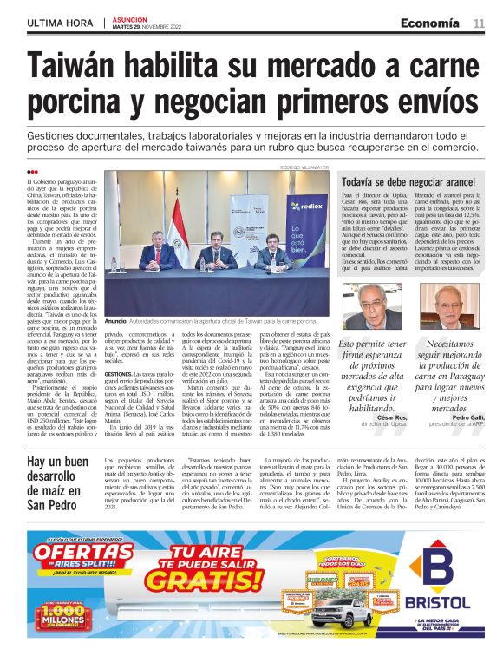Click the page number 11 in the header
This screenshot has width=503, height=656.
pyautogui.click(x=479, y=23)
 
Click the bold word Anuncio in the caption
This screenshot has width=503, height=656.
pyautogui.click(x=116, y=321)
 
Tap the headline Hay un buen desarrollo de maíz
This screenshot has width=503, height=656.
pyautogui.click(x=57, y=489)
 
